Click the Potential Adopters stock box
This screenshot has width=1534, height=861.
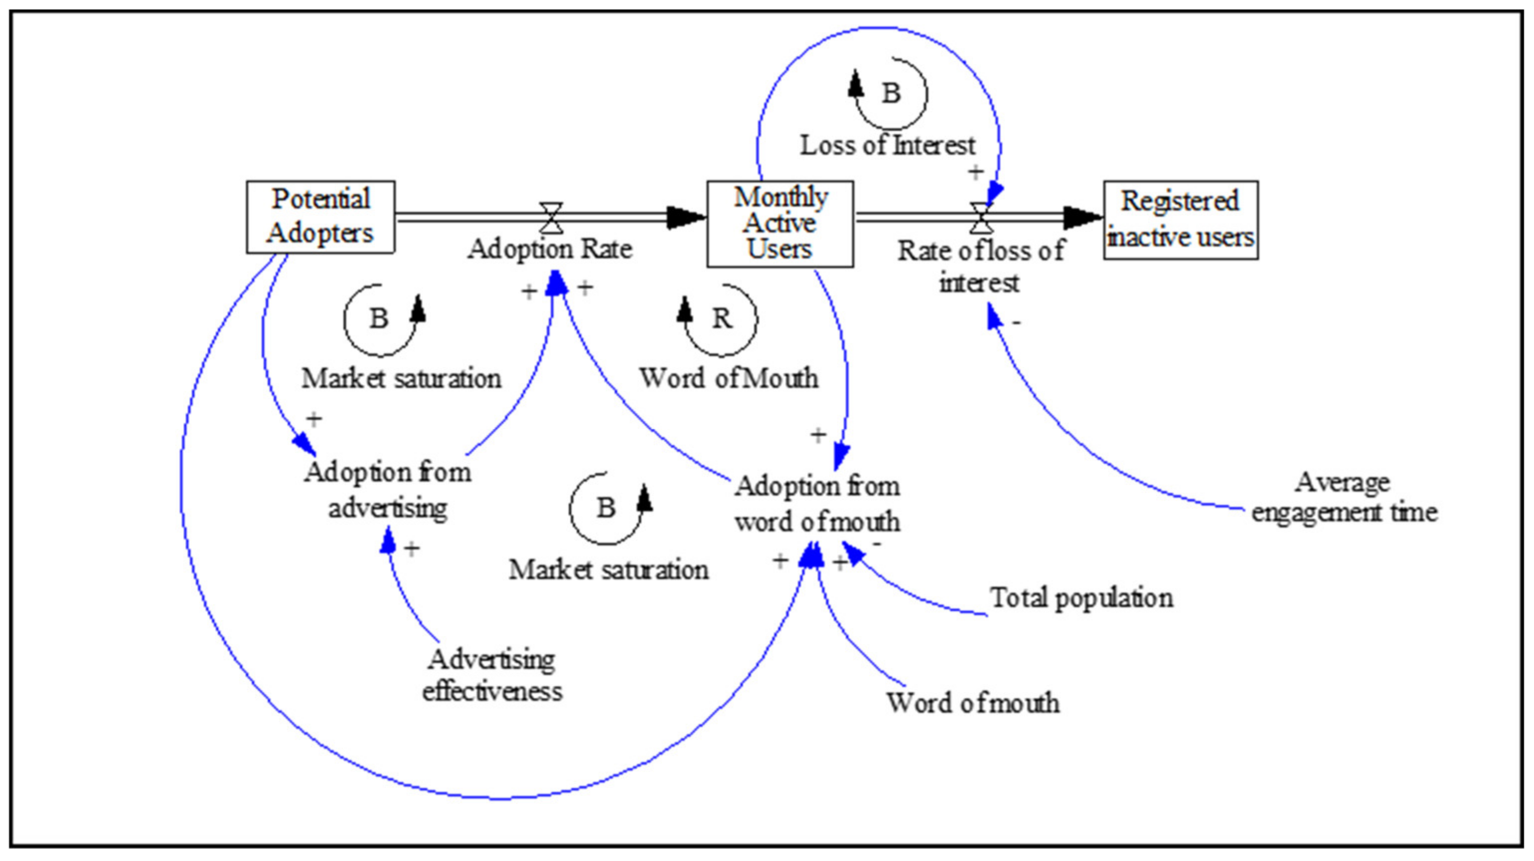pyautogui.click(x=320, y=217)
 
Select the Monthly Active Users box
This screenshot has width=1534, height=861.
pyautogui.click(x=779, y=223)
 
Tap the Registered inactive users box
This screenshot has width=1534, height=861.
pyautogui.click(x=1180, y=220)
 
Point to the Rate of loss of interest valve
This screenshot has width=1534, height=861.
pyautogui.click(x=981, y=218)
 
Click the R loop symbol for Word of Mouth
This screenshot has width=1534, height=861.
pyautogui.click(x=721, y=319)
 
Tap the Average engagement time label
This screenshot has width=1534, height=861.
pyautogui.click(x=1344, y=497)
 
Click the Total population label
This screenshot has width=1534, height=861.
pyautogui.click(x=1081, y=598)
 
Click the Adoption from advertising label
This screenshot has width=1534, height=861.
pyautogui.click(x=388, y=489)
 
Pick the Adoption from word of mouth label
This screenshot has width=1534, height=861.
pyautogui.click(x=817, y=504)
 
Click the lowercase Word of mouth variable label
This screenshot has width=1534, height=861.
pyautogui.click(x=973, y=703)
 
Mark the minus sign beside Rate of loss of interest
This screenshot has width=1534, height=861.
pyautogui.click(x=1017, y=323)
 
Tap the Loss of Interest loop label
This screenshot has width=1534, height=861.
pyautogui.click(x=887, y=146)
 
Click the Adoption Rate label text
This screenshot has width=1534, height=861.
pyautogui.click(x=550, y=249)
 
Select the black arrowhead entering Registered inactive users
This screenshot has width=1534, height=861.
pyautogui.click(x=1082, y=218)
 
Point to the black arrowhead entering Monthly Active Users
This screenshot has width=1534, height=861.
pyautogui.click(x=685, y=218)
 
